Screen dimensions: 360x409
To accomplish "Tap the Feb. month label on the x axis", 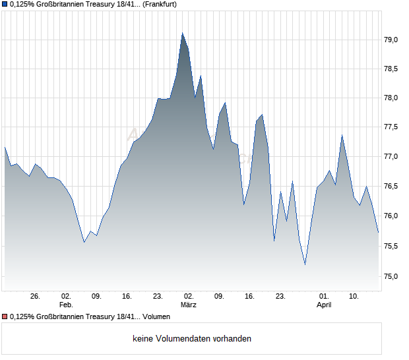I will pos(66,305).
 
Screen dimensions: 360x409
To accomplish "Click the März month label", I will pos(189,305).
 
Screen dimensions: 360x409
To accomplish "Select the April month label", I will pos(324,305).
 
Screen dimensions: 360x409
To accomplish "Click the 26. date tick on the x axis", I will pos(36,297).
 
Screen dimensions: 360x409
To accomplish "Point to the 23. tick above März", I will pos(158,297).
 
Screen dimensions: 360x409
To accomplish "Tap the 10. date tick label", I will pos(354,297).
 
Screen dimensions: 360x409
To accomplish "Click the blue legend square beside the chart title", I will pos(5,4).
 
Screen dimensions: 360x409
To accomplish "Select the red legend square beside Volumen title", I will pos(5,317).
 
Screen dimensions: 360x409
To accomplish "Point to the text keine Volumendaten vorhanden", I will pos(192,339).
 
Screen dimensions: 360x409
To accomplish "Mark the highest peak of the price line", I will pos(182,33).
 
